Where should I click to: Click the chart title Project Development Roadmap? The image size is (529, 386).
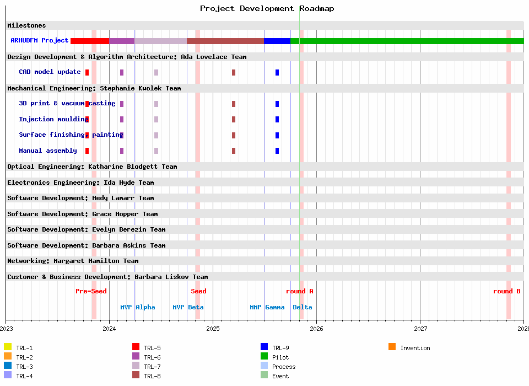click(267, 8)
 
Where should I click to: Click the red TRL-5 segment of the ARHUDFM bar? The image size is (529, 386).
click(89, 41)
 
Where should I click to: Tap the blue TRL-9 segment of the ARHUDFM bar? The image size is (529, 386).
click(277, 41)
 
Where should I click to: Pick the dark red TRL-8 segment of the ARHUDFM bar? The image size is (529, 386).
click(225, 41)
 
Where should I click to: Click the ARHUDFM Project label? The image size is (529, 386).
click(40, 40)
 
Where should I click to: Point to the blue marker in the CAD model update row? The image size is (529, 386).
click(277, 72)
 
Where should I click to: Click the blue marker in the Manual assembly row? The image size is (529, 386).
click(277, 151)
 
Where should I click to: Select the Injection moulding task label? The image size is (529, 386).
click(53, 119)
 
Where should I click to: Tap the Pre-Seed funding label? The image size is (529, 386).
click(91, 291)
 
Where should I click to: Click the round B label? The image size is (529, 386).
click(506, 291)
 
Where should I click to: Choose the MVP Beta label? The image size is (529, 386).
click(188, 307)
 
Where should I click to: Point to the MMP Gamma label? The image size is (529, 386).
click(267, 307)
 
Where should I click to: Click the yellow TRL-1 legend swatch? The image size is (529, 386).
click(8, 347)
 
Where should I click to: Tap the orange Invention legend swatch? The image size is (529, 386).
click(392, 347)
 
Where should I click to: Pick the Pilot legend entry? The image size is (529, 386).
click(280, 357)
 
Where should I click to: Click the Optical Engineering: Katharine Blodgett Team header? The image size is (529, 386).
click(92, 167)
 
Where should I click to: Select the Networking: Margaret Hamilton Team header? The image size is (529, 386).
click(73, 261)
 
